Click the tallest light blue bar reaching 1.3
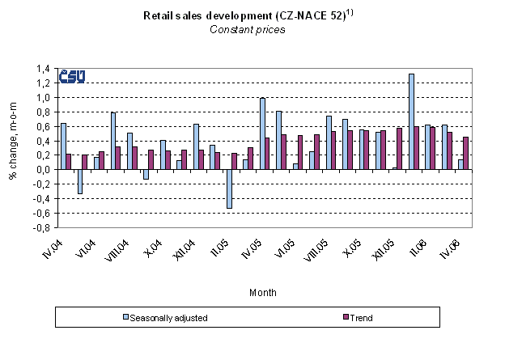[411, 121]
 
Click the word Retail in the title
[157, 15]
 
